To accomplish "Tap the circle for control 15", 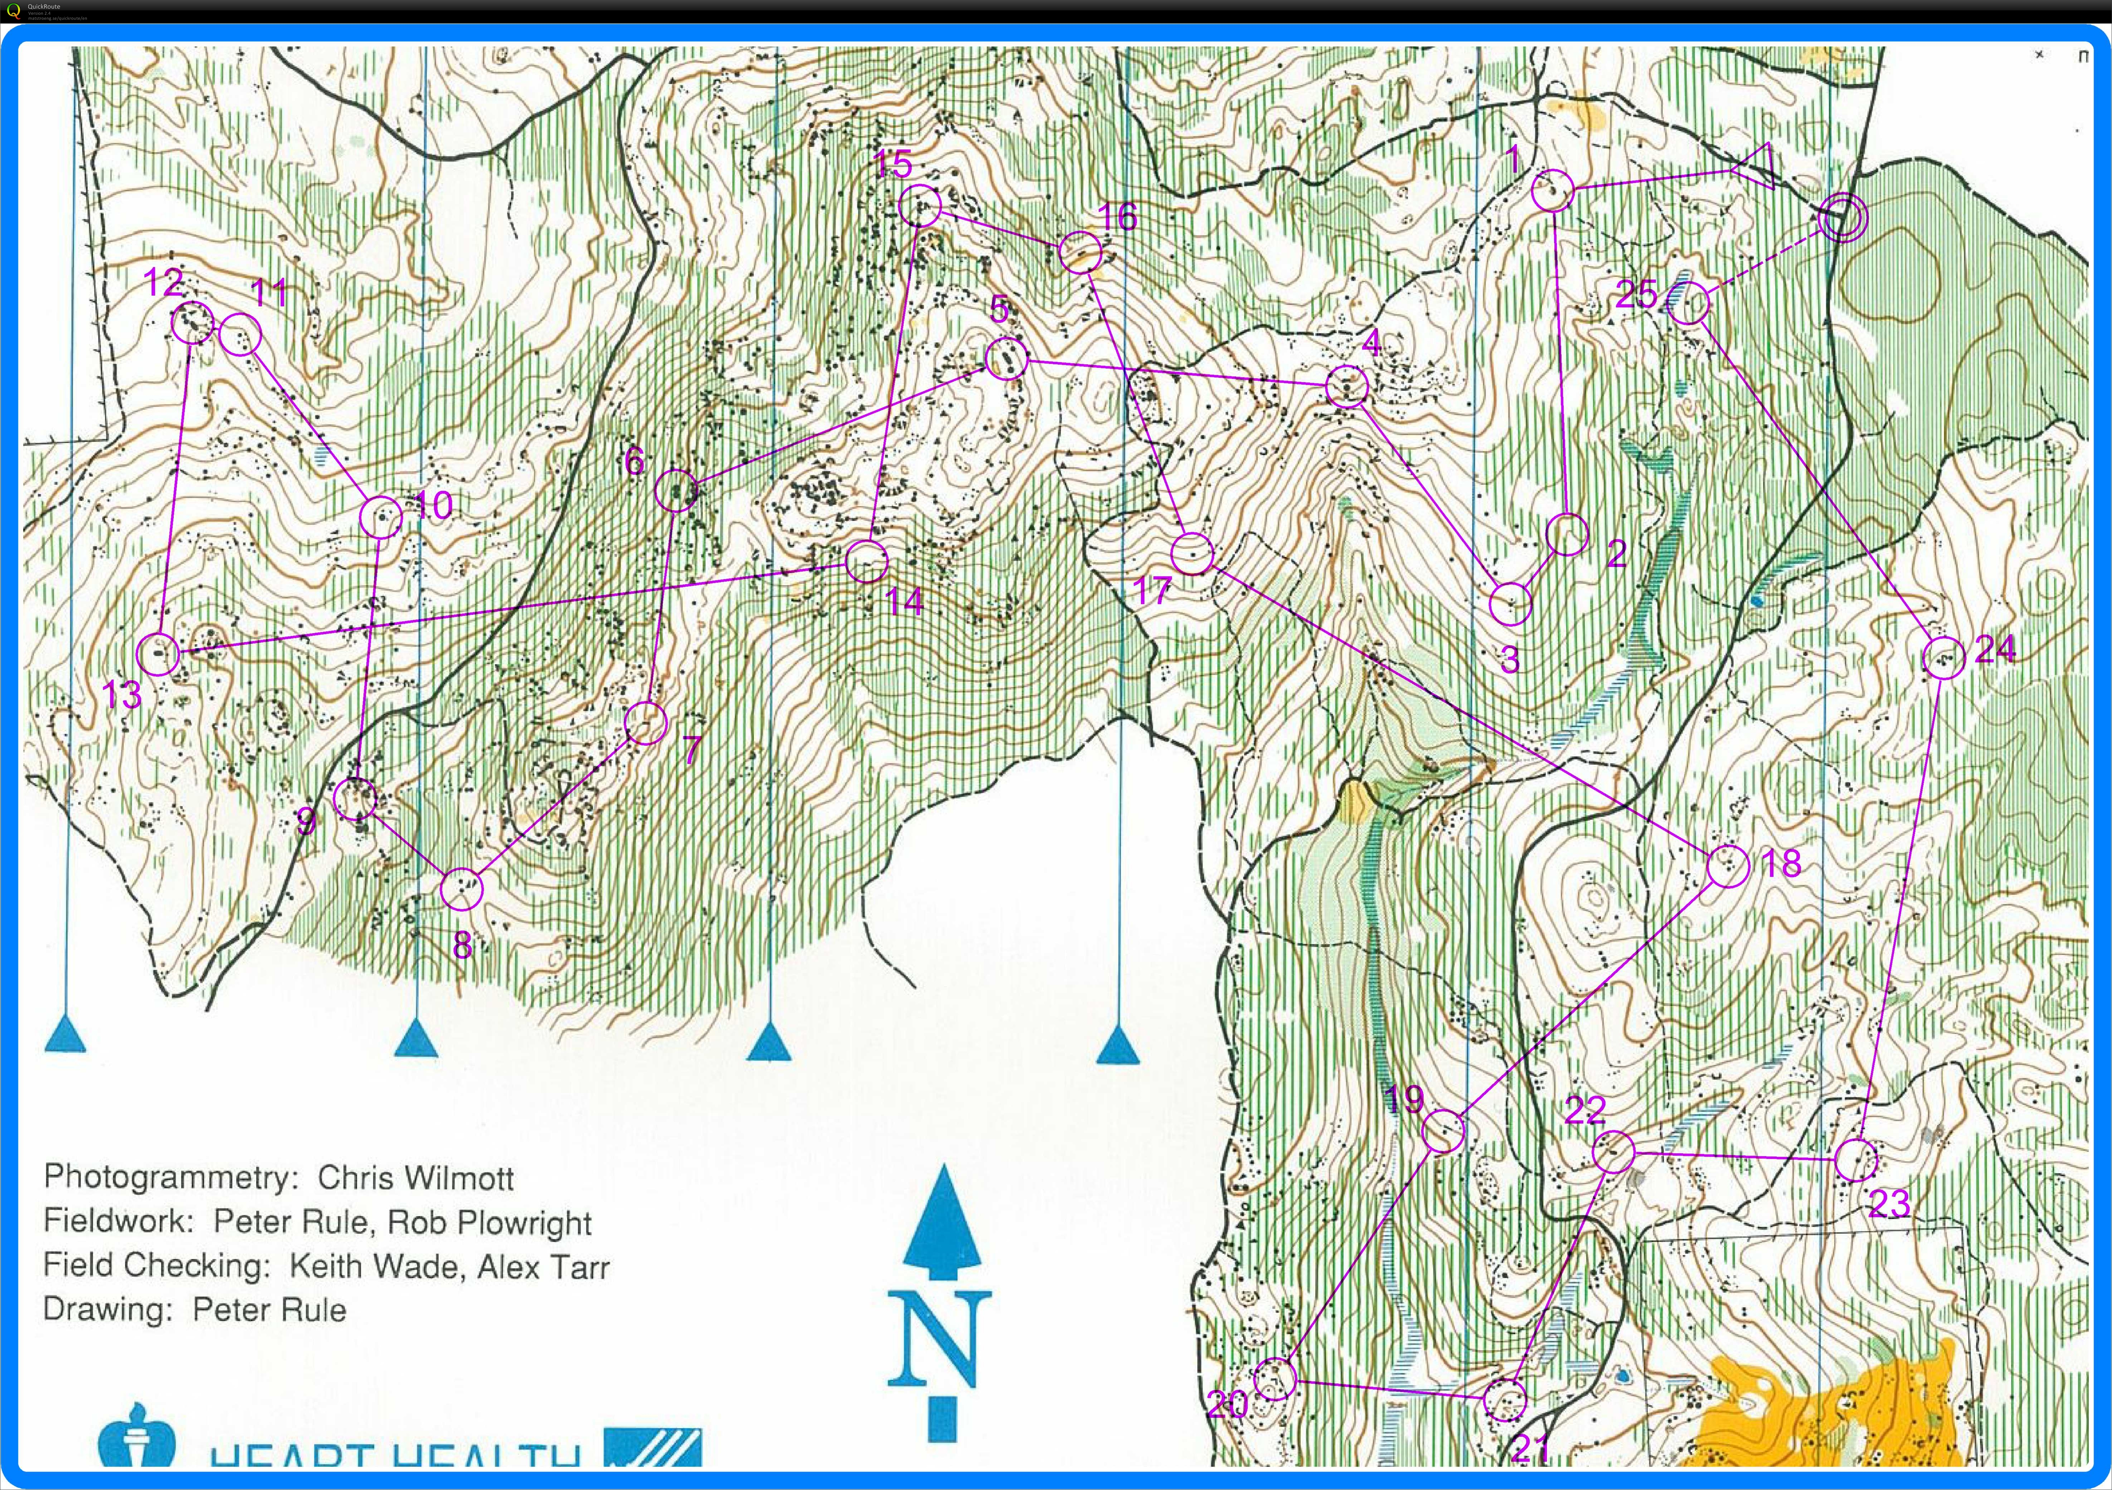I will (x=919, y=206).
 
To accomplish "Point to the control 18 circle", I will (x=1727, y=865).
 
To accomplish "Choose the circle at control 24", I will (x=1944, y=658).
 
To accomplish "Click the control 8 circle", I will (x=462, y=889).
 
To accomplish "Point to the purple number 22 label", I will (x=1585, y=1111).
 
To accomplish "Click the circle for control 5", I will (x=1006, y=358).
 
